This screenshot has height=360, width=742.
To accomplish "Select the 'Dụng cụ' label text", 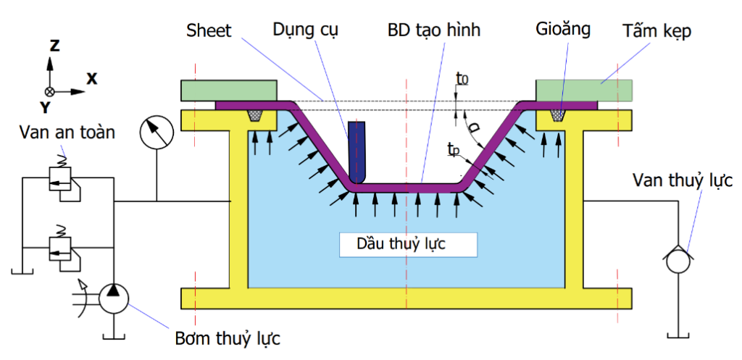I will (x=305, y=30).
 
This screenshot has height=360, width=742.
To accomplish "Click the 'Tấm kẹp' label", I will (x=656, y=30).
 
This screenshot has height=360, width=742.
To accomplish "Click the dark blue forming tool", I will (x=357, y=152).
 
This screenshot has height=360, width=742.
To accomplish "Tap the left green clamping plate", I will (x=230, y=91).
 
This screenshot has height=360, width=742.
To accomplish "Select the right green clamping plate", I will (x=584, y=91).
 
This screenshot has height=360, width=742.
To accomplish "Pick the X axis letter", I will (x=91, y=79).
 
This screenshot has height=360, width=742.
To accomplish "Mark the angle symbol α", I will (x=475, y=128).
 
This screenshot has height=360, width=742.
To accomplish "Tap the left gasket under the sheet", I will (x=256, y=115).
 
